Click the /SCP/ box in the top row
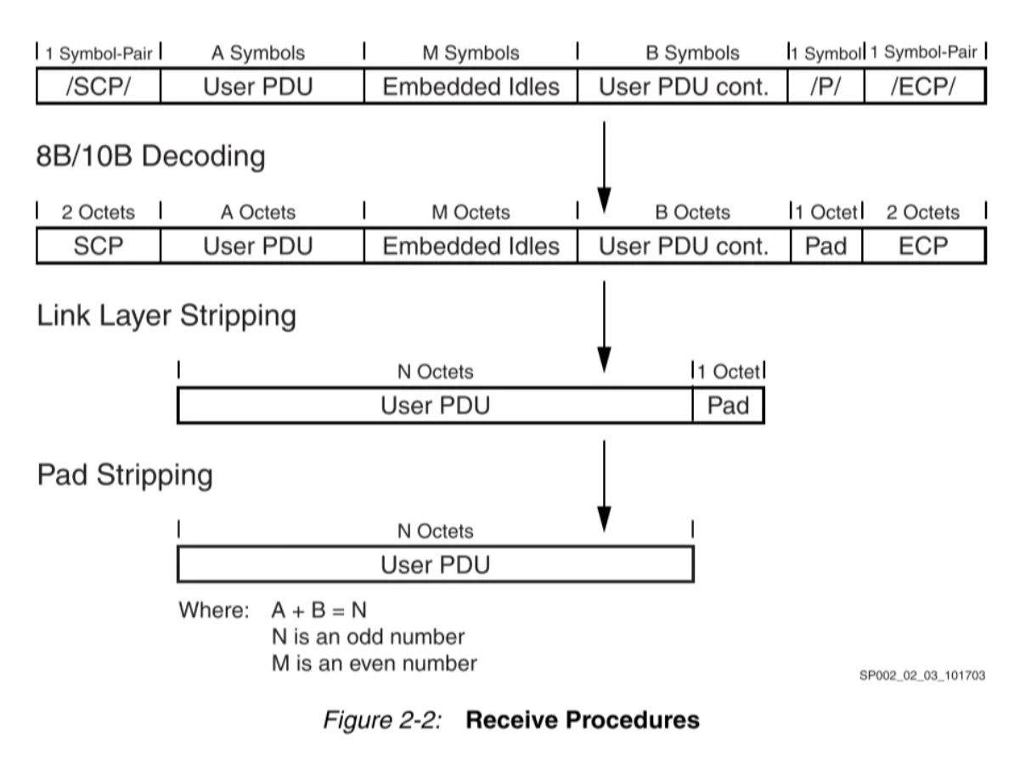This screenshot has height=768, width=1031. (x=98, y=87)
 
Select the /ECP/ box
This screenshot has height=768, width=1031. (x=924, y=87)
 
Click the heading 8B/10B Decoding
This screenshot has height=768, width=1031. (x=150, y=156)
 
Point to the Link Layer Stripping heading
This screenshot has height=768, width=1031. (x=166, y=316)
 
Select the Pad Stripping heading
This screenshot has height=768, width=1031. (x=124, y=475)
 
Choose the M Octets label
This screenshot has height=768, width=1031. (x=470, y=212)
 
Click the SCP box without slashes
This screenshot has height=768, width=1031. (x=98, y=246)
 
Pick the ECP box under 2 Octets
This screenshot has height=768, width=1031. (x=924, y=246)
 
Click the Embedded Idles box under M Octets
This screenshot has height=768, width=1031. (x=470, y=246)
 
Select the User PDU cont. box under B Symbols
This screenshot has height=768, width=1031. (x=683, y=87)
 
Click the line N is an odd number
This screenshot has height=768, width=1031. (x=367, y=636)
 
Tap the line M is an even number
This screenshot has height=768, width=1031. (x=373, y=663)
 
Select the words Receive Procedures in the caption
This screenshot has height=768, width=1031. (x=583, y=720)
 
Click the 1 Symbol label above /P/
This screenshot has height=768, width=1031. (x=825, y=53)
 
